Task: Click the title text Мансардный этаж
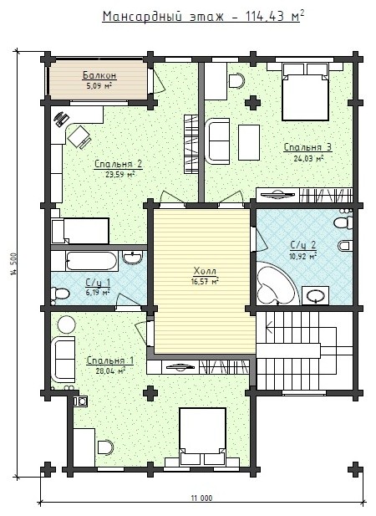163,16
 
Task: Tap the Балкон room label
99,75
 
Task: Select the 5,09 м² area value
99,86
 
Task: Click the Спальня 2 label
119,164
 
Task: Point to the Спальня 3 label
308,147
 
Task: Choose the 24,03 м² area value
308,158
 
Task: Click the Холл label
205,271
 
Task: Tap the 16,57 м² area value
205,281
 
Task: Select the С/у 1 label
98,283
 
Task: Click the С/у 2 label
303,245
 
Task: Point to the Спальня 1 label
109,360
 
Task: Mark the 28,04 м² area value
110,371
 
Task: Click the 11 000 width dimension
201,498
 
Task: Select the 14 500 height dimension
13,263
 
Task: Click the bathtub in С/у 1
92,261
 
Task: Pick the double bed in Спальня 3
305,92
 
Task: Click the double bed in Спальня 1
202,437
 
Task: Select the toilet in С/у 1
59,294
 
